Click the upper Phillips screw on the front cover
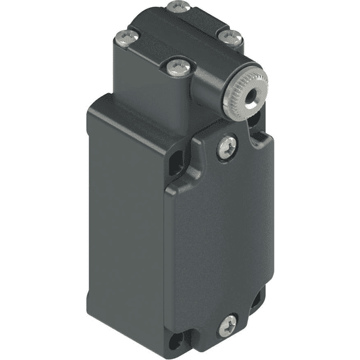[x=227, y=146]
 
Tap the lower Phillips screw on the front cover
[x=227, y=326]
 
